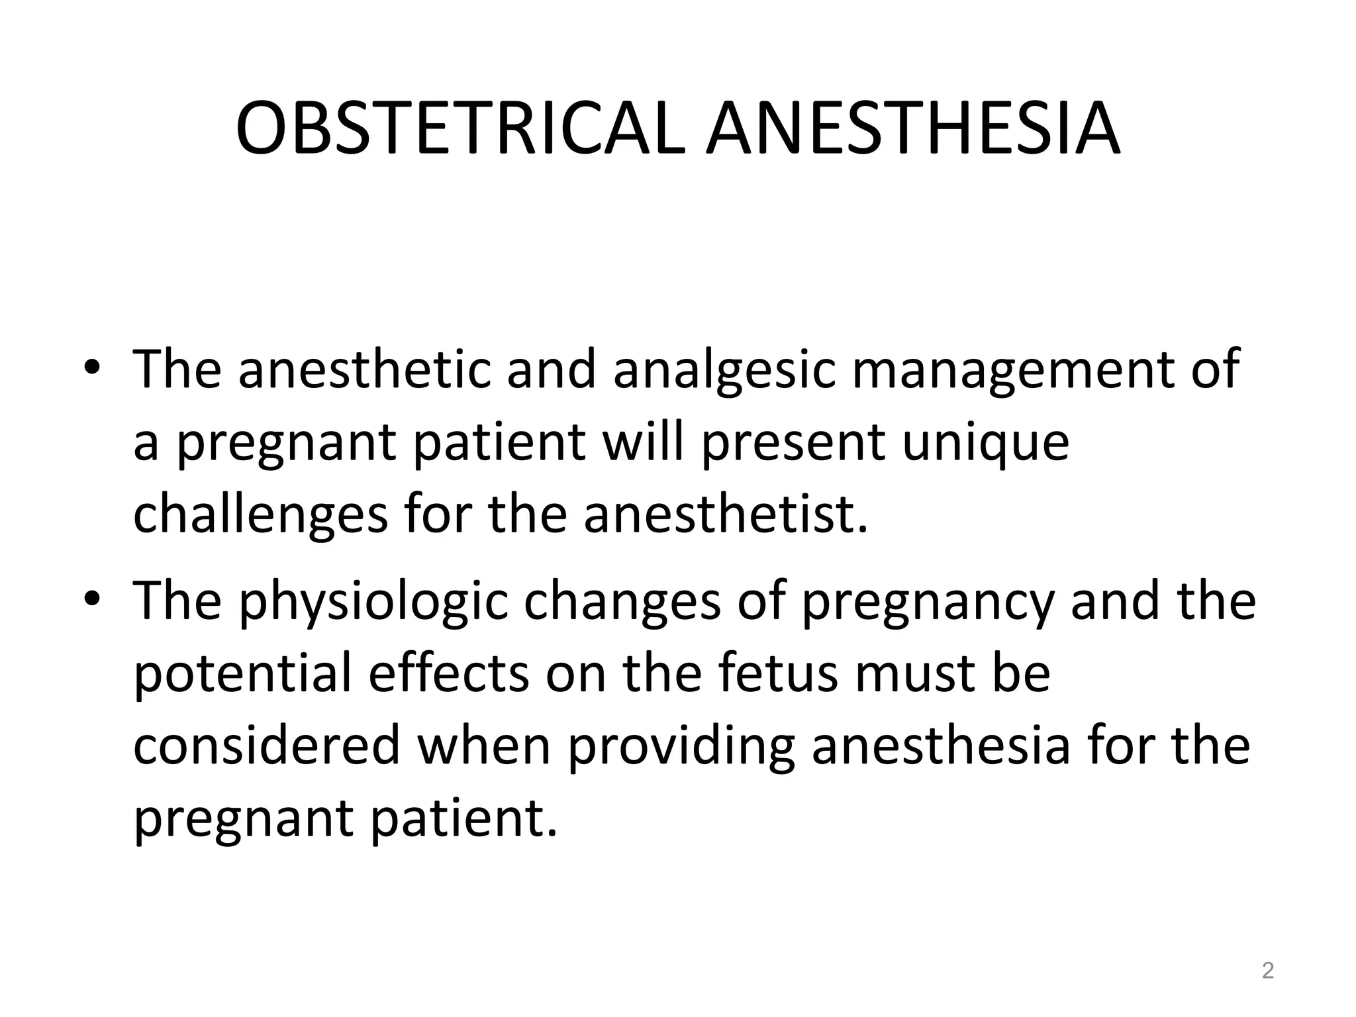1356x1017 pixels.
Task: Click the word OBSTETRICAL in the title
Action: coord(460,128)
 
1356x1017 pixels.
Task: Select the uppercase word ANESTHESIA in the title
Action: coord(913,128)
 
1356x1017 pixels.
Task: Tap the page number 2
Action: coord(1267,971)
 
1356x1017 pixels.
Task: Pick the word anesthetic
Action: coord(364,369)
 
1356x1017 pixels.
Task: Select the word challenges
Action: coord(260,516)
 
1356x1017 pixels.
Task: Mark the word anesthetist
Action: coord(725,515)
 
